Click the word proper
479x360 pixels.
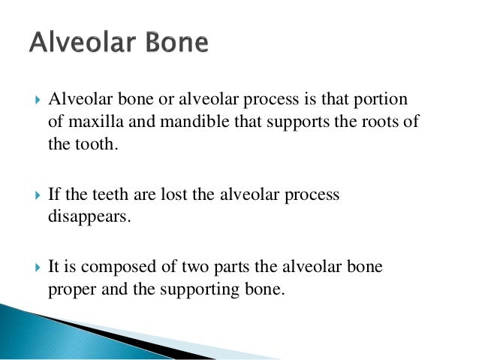pos(70,289)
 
